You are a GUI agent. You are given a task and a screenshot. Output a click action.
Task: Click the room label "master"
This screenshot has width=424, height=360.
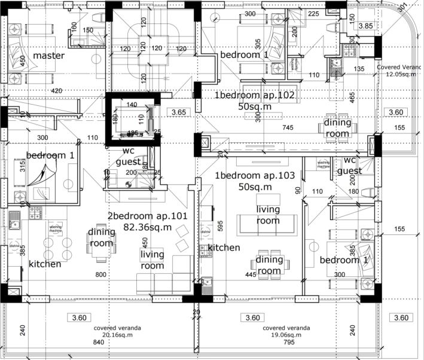[x=48, y=56]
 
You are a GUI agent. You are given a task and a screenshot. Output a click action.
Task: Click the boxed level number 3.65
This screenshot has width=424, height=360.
[x=179, y=112]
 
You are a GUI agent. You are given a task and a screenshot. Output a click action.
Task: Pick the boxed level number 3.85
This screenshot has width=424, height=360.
[x=365, y=26]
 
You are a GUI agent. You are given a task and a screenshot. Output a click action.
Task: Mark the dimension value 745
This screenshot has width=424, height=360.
[x=288, y=127]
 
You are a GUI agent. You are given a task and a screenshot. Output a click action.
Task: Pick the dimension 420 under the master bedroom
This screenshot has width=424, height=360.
[x=57, y=91]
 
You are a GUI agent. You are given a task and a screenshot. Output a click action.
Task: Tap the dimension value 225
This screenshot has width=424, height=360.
[x=313, y=14]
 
